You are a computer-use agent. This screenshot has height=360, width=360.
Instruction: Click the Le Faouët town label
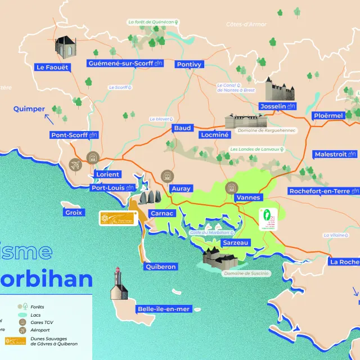point(52,67)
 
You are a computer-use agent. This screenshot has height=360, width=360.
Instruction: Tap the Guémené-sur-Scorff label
point(125,64)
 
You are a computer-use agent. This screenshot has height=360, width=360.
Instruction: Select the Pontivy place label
point(189,65)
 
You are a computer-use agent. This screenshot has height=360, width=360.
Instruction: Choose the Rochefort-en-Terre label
point(323,191)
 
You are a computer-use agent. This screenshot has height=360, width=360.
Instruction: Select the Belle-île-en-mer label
point(164,309)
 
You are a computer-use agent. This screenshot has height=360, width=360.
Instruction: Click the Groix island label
point(74,213)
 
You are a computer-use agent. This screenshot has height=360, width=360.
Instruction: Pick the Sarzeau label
point(235,242)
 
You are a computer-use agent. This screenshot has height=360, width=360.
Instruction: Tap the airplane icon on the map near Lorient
point(75,165)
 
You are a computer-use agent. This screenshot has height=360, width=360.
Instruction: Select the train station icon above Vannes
point(230,187)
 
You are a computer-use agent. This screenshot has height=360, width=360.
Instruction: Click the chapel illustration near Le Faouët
point(64,47)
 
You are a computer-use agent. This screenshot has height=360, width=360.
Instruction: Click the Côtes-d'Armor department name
point(246,24)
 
